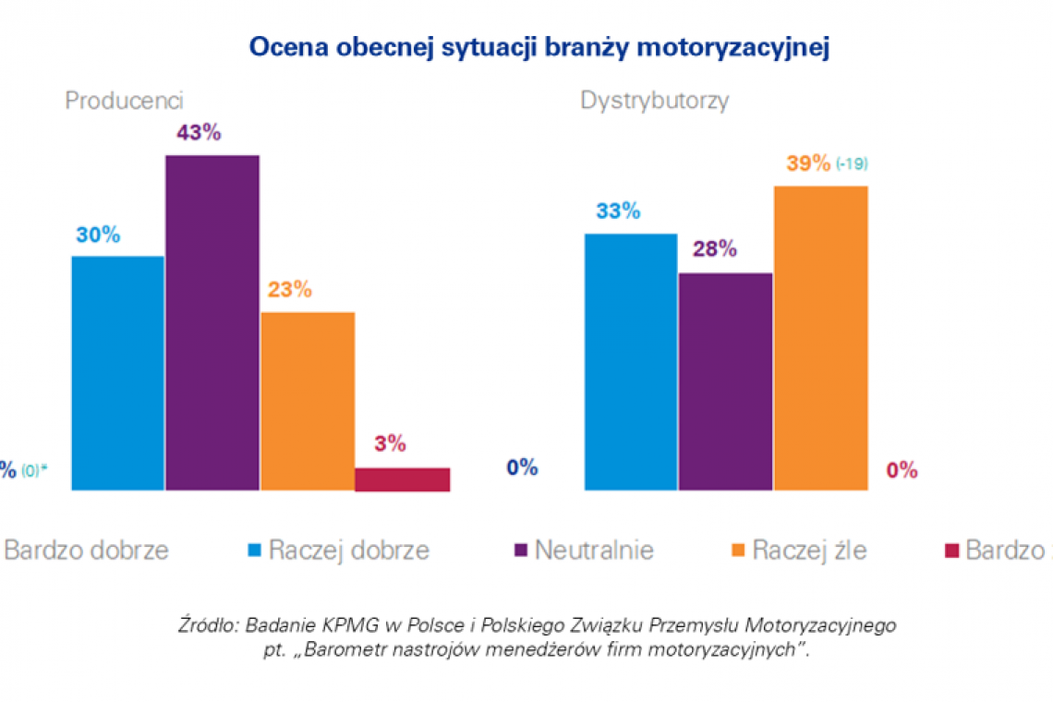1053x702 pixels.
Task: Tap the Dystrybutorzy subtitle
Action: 654,101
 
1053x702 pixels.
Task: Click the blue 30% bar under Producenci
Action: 118,372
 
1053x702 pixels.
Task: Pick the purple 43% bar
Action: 212,322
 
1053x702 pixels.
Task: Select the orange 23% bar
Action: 308,401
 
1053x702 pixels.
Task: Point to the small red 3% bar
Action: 403,478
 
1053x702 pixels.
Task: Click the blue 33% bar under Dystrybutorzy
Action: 631,361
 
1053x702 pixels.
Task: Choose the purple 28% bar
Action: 725,381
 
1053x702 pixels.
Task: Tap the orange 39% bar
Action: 821,337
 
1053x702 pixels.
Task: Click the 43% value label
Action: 199,133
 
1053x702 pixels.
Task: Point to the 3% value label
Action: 391,444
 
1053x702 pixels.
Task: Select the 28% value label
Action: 714,249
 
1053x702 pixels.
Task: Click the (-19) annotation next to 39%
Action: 852,164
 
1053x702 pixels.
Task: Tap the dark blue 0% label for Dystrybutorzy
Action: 522,468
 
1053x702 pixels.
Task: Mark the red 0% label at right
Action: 902,471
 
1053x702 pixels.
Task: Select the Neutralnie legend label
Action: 594,551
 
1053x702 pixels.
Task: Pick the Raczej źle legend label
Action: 809,551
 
